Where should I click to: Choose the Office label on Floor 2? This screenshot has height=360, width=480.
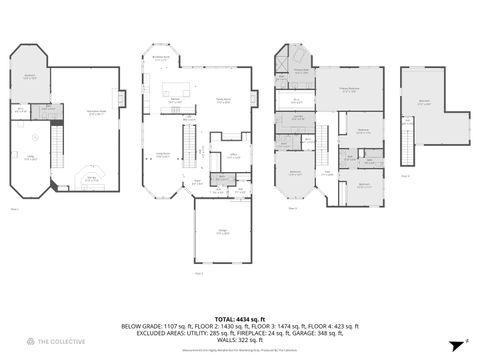coord(232,156)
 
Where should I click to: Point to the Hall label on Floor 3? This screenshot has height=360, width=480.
coord(327,173)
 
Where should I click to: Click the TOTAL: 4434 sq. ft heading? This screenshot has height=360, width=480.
coord(239,318)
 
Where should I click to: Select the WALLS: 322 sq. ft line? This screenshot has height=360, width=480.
coord(239,339)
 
